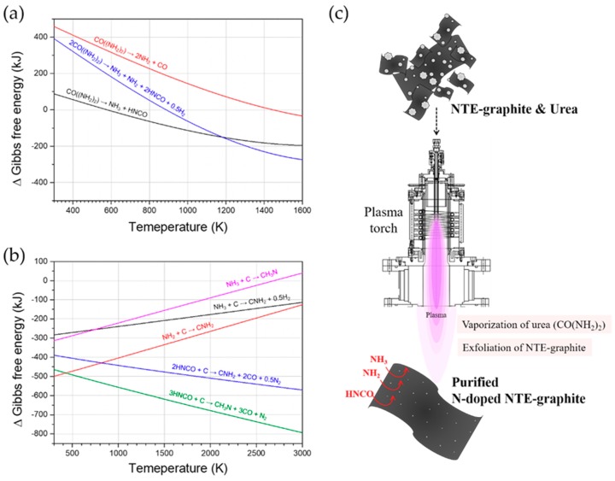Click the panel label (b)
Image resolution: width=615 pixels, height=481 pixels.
(x=15, y=254)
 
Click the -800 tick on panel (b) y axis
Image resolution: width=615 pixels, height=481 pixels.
(x=37, y=434)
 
